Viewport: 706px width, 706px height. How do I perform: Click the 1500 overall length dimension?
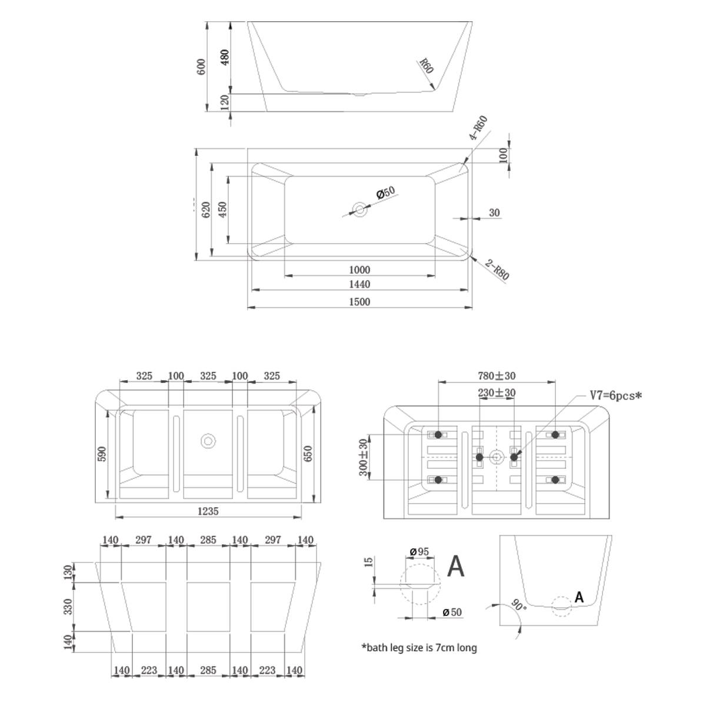[x=359, y=302]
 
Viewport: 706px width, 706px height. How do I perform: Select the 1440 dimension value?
[x=359, y=284]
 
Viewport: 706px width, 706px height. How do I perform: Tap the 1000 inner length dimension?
[x=359, y=270]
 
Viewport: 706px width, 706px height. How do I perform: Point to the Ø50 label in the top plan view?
[x=386, y=192]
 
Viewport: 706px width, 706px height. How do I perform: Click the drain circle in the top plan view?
[x=359, y=209]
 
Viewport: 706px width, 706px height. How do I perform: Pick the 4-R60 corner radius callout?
[x=478, y=128]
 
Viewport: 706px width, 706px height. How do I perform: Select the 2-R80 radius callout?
[x=497, y=269]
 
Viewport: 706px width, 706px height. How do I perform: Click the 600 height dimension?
[x=202, y=66]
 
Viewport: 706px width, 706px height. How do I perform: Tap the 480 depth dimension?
[x=225, y=57]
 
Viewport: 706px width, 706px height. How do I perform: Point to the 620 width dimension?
[x=207, y=209]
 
